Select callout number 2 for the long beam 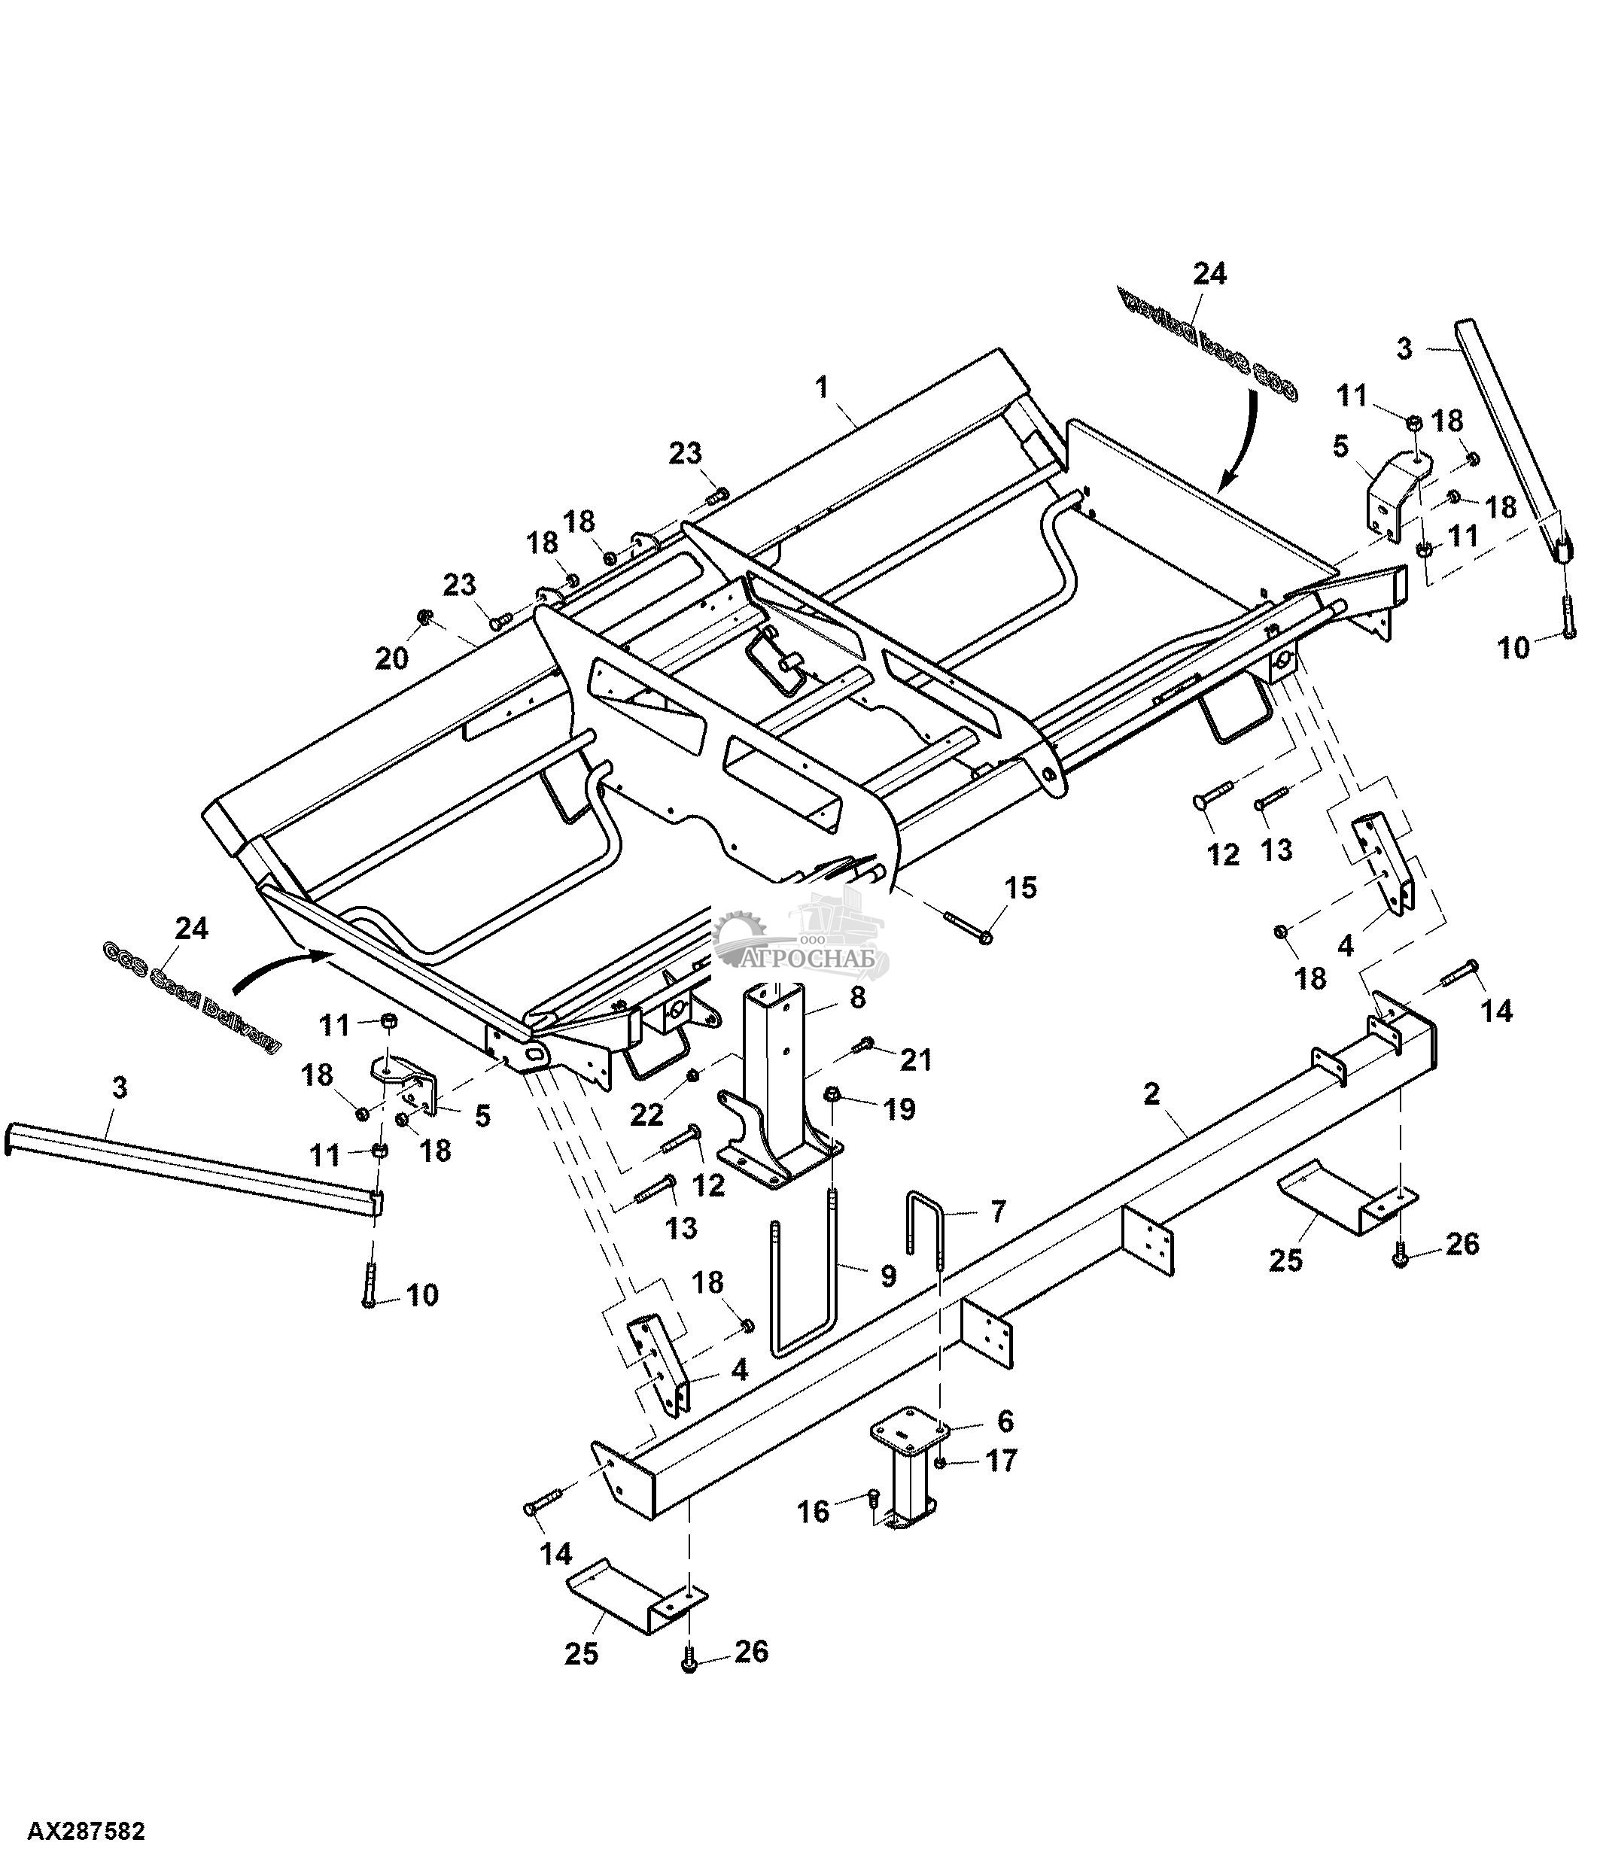tap(1151, 1094)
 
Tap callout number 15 tap(1021, 886)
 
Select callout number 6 tap(1005, 1421)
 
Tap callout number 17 tap(1002, 1460)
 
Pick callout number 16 tap(814, 1511)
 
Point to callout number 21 tap(915, 1060)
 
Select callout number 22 tap(646, 1114)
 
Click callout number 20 tap(392, 658)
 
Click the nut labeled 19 tap(833, 1094)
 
